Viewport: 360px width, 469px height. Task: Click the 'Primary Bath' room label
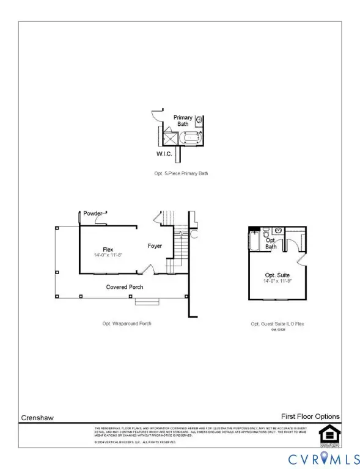click(x=183, y=120)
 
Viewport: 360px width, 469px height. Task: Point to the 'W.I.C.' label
click(x=164, y=155)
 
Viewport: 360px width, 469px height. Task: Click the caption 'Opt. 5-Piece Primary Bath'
click(x=182, y=173)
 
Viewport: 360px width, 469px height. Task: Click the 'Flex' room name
click(x=108, y=249)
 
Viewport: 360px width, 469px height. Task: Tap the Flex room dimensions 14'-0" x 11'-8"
click(x=108, y=255)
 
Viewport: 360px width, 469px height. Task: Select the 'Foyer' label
click(x=155, y=246)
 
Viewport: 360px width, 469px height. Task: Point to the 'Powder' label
click(x=93, y=214)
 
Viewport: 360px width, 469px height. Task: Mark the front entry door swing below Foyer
click(x=147, y=269)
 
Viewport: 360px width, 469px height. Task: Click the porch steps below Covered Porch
click(x=147, y=301)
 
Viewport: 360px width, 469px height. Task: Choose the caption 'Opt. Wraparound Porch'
click(x=127, y=323)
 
